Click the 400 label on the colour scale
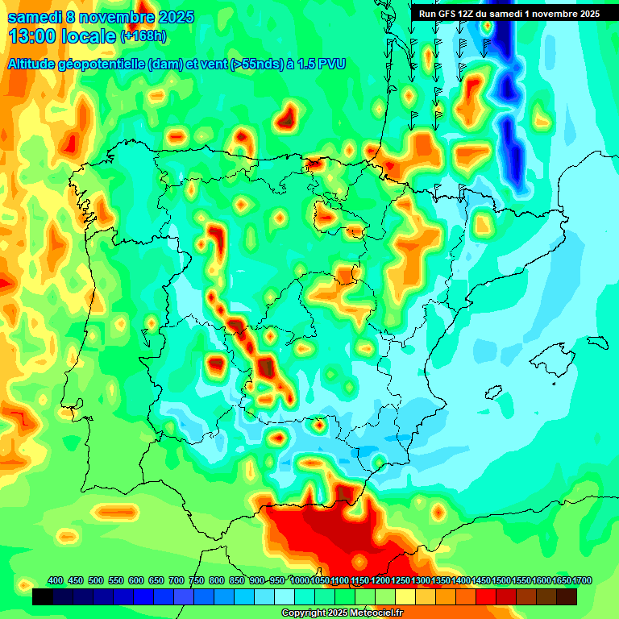point(56,580)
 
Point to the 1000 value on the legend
point(300,580)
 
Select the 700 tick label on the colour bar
point(177,580)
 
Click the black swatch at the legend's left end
point(43,596)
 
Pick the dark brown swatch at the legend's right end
point(567,596)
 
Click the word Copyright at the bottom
point(304,613)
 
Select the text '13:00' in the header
point(31,36)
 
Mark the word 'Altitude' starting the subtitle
point(35,64)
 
